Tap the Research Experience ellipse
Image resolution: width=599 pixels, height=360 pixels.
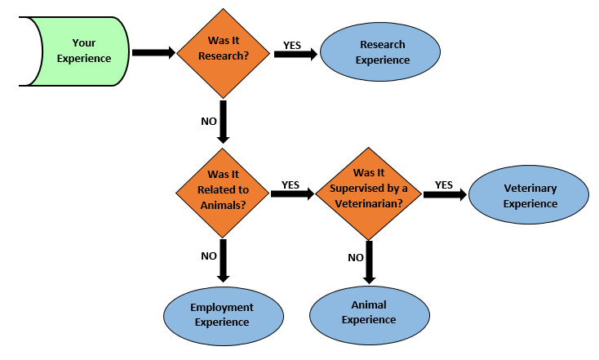coord(380,51)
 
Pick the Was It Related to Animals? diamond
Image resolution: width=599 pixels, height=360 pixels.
coord(223,193)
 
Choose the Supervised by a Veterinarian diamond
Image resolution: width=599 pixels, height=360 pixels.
coord(367,193)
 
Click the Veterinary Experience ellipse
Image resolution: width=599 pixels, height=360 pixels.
coord(529,195)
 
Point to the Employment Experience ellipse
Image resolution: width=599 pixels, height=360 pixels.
coord(221,314)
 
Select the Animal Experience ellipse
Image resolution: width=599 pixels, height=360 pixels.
coord(368,312)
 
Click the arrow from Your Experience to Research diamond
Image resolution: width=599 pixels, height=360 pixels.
coord(153,52)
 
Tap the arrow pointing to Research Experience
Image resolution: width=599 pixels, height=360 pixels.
coord(296,55)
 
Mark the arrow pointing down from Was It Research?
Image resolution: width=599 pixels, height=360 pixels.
coord(223,122)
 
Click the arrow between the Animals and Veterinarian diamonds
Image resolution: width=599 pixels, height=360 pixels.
coord(292,195)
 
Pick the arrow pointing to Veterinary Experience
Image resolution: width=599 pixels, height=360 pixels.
coord(444,195)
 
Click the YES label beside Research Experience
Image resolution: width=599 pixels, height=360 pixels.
coord(294,42)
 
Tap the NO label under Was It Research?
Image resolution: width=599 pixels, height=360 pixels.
coord(209,121)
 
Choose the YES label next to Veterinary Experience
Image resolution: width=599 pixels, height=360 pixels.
coord(444,184)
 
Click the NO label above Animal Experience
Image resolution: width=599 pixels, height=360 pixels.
coord(356,257)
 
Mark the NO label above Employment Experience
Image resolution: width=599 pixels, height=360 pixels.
coord(209,256)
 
